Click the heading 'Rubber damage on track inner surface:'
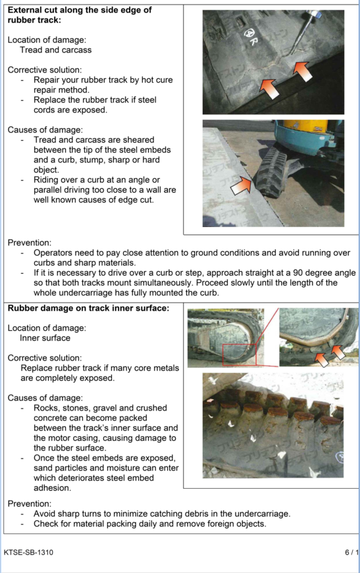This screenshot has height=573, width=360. point(88,308)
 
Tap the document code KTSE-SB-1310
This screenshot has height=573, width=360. point(28,552)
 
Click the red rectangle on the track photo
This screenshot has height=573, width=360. point(240,355)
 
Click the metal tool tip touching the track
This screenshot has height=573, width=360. point(293,53)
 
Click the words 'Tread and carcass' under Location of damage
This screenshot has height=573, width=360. point(55,50)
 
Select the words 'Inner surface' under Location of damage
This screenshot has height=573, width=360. point(45,338)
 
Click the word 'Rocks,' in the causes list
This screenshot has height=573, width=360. point(46,408)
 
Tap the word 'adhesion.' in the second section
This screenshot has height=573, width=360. point(52,488)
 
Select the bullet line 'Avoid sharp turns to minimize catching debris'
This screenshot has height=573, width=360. point(162,514)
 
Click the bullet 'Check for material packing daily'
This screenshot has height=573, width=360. point(150,524)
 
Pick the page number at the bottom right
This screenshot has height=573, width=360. point(351,552)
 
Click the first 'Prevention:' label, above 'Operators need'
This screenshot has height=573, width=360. point(30,243)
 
